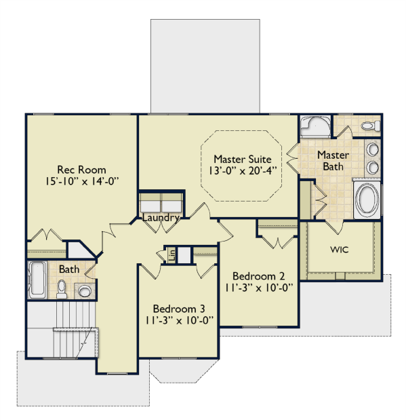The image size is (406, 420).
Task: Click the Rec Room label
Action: (x=81, y=170)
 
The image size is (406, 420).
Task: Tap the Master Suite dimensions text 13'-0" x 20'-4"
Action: (x=243, y=170)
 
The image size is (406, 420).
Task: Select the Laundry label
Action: (x=161, y=218)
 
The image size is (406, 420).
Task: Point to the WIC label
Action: (x=340, y=250)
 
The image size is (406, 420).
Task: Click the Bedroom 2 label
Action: (x=258, y=276)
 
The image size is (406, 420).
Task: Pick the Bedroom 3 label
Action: (x=179, y=309)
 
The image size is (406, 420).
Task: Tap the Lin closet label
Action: (x=172, y=255)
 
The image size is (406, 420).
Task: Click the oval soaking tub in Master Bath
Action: (x=367, y=199)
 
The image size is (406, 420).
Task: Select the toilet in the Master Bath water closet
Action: (x=371, y=126)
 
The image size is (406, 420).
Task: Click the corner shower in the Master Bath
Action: (x=315, y=127)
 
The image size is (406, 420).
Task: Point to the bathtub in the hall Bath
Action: (x=37, y=280)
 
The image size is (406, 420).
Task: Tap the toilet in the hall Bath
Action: (x=62, y=289)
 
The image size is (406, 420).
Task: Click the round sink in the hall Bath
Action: (x=85, y=290)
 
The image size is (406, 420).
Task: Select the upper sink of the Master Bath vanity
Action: (x=372, y=149)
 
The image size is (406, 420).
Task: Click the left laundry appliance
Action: (x=150, y=204)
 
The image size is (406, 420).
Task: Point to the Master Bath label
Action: (x=333, y=161)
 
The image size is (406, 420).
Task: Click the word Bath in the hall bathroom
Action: (x=69, y=269)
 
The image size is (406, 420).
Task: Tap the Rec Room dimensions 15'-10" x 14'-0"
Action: (x=81, y=182)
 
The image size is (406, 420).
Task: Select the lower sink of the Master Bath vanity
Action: (x=372, y=168)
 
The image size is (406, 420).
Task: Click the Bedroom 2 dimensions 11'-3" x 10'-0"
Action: (x=258, y=288)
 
